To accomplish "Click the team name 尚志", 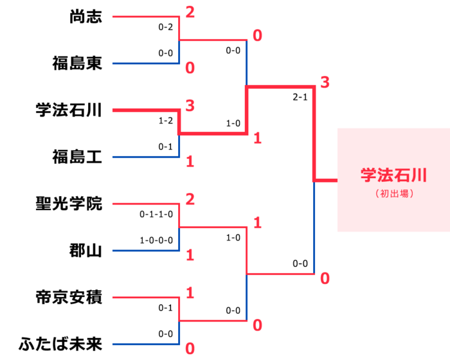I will (x=85, y=17).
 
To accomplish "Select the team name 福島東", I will (x=77, y=64).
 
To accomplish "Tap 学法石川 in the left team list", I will (x=69, y=110).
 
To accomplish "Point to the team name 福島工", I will (x=77, y=157).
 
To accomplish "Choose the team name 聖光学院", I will (x=69, y=204).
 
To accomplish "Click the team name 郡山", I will (x=85, y=251).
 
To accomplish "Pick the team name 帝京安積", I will (x=69, y=297).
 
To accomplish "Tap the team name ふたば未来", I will (x=60, y=344).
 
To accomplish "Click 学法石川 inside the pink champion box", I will (x=393, y=175).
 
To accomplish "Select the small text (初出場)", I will (x=393, y=193).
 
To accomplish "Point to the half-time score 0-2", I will (x=166, y=27).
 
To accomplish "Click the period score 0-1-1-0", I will (x=156, y=214).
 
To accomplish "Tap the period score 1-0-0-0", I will (x=156, y=240).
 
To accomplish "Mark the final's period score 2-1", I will (x=300, y=98).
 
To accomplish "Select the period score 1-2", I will (x=166, y=120).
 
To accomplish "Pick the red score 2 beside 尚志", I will (x=190, y=12).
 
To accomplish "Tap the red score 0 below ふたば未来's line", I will (x=190, y=349).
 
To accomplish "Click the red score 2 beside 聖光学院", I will (x=190, y=199).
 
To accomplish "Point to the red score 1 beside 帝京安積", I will (x=190, y=293).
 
